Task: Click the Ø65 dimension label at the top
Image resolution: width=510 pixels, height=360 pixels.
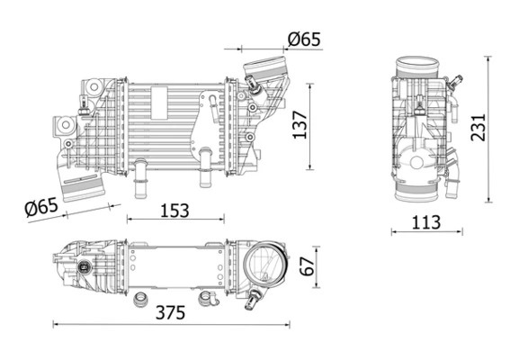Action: point(303,39)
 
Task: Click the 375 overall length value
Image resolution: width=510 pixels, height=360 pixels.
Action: point(170,313)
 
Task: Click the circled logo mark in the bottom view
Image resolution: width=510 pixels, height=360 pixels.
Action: point(85,267)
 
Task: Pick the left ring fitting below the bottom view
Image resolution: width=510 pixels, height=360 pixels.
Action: point(140,299)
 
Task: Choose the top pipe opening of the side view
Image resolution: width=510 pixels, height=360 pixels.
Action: point(419,66)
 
